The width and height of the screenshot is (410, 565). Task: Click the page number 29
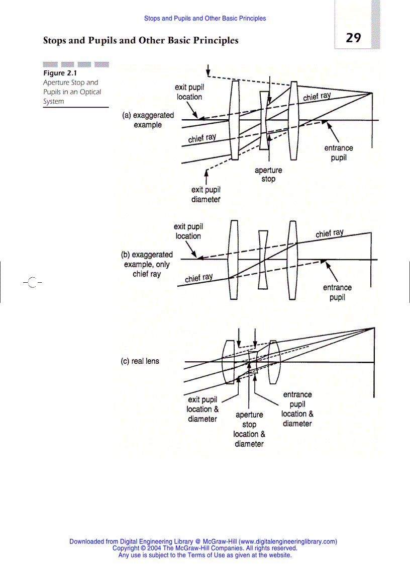pyautogui.click(x=353, y=38)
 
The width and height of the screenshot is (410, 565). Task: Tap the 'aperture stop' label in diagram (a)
pyautogui.click(x=268, y=175)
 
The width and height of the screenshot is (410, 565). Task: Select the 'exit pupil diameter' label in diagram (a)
pyautogui.click(x=206, y=194)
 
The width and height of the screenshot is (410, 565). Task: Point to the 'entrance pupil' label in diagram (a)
pyautogui.click(x=338, y=152)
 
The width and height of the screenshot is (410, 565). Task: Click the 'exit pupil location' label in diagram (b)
pyautogui.click(x=188, y=231)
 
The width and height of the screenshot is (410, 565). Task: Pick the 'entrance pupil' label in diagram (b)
pyautogui.click(x=337, y=292)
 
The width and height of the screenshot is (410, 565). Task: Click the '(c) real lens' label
pyautogui.click(x=140, y=361)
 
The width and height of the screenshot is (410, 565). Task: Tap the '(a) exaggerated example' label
pyautogui.click(x=148, y=120)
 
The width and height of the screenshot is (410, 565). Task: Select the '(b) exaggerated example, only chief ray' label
pyautogui.click(x=147, y=264)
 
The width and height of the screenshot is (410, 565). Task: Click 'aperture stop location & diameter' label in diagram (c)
pyautogui.click(x=249, y=429)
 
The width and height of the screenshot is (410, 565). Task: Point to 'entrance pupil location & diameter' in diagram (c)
pyautogui.click(x=297, y=409)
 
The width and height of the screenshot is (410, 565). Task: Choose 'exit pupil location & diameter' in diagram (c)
pyautogui.click(x=202, y=409)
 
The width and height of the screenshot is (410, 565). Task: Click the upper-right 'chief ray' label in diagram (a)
pyautogui.click(x=317, y=96)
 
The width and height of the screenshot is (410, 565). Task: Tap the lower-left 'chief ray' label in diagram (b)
pyautogui.click(x=198, y=278)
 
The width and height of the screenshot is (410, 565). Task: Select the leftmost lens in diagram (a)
pyautogui.click(x=235, y=120)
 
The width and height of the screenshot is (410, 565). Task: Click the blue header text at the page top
pyautogui.click(x=205, y=19)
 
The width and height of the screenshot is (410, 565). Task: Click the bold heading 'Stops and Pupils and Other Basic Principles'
pyautogui.click(x=141, y=40)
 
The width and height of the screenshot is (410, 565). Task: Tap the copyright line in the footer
pyautogui.click(x=205, y=548)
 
